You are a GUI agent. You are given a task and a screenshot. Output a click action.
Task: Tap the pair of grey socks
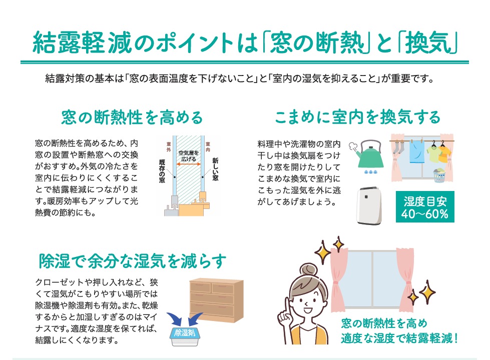coord(398,148)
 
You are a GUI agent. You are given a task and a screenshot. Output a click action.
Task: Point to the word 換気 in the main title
coord(432,43)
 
